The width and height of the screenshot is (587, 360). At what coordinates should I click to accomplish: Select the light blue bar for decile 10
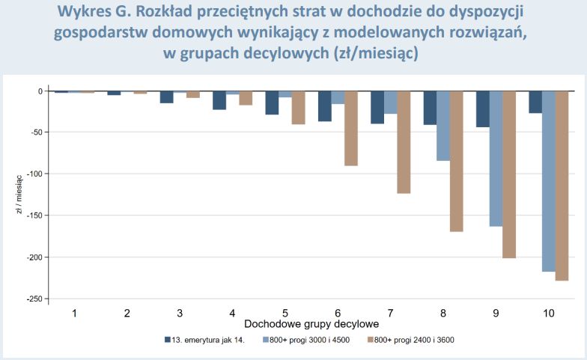click(x=549, y=180)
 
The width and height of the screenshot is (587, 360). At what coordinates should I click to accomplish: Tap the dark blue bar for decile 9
click(x=483, y=109)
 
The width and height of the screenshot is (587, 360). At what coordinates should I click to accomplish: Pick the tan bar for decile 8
click(x=456, y=161)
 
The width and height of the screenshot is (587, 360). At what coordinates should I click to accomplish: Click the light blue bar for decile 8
click(x=443, y=126)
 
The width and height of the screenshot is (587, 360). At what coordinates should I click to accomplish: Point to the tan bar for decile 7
click(x=404, y=141)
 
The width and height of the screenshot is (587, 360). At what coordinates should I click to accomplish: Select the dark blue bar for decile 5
click(x=272, y=103)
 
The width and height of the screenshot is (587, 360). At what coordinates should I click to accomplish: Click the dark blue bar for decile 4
click(x=219, y=100)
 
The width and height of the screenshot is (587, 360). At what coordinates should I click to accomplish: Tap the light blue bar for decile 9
click(x=496, y=158)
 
